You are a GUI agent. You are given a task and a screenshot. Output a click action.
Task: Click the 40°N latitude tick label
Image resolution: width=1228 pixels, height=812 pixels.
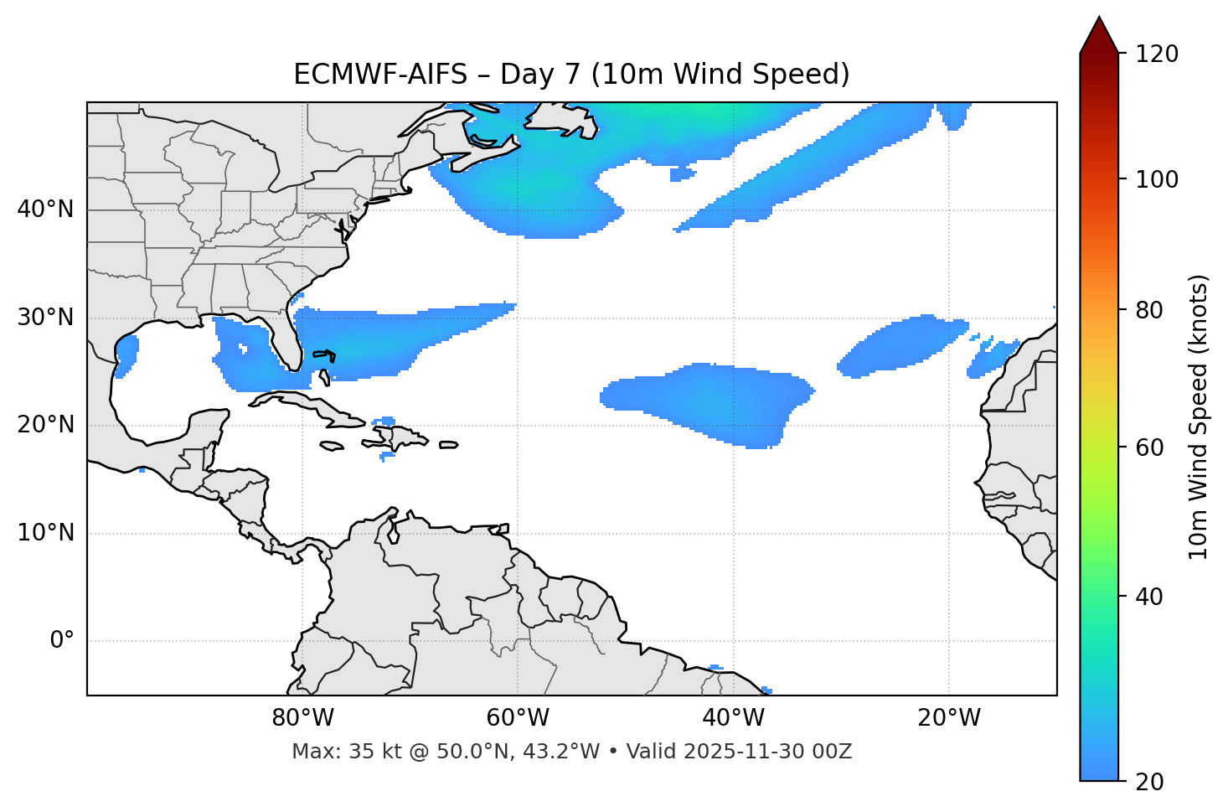tap(45, 209)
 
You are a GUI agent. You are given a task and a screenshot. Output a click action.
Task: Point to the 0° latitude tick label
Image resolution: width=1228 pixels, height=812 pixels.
tap(62, 641)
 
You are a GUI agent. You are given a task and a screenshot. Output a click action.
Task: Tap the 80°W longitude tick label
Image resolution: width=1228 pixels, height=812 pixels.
tap(302, 718)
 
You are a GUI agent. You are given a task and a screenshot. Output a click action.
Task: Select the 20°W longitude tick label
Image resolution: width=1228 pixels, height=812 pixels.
tap(949, 718)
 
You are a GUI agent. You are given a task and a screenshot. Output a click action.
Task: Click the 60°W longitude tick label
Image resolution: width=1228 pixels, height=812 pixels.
tap(517, 718)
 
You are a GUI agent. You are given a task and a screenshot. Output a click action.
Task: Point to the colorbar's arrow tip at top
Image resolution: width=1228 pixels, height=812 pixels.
tap(1099, 18)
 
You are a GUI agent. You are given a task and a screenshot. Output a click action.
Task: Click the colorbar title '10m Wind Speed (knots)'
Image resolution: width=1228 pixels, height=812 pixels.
tap(1199, 416)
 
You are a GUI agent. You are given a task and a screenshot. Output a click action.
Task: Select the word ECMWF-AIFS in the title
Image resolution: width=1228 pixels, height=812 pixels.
tap(379, 75)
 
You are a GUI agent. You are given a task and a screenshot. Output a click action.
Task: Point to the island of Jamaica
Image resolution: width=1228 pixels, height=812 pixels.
tap(332, 447)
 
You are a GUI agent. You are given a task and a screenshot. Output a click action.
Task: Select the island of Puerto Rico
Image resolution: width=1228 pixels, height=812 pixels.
tap(448, 445)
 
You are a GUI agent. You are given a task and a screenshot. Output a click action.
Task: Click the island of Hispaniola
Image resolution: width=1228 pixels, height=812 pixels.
tap(398, 438)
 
